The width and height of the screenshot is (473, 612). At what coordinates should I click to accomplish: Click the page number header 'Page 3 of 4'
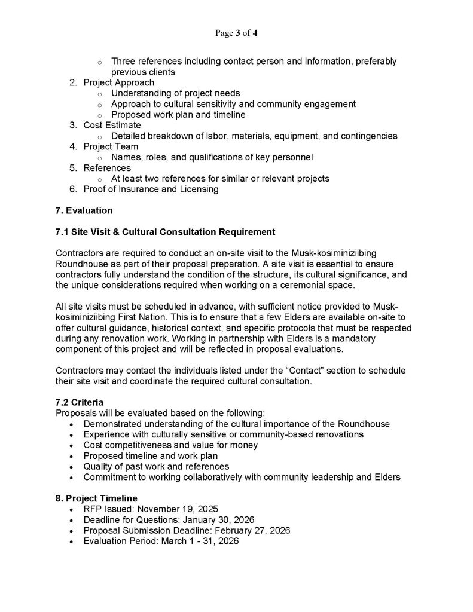[236, 33]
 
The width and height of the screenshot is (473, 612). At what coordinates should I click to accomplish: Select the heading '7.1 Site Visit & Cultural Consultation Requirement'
[165, 231]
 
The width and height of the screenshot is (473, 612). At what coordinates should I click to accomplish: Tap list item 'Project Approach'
[118, 82]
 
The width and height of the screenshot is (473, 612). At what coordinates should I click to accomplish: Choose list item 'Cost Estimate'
[112, 126]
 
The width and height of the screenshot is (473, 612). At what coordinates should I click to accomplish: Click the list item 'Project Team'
[111, 146]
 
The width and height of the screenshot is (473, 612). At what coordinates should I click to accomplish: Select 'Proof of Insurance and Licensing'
[151, 189]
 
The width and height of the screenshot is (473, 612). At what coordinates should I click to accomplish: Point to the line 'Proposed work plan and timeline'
[178, 115]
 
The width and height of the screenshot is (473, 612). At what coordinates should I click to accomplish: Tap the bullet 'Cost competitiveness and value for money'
[170, 445]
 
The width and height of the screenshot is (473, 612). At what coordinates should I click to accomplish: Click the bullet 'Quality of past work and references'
[156, 467]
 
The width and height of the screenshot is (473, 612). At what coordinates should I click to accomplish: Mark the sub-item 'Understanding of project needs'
[176, 93]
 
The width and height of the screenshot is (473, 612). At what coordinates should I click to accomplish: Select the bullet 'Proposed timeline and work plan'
[149, 456]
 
